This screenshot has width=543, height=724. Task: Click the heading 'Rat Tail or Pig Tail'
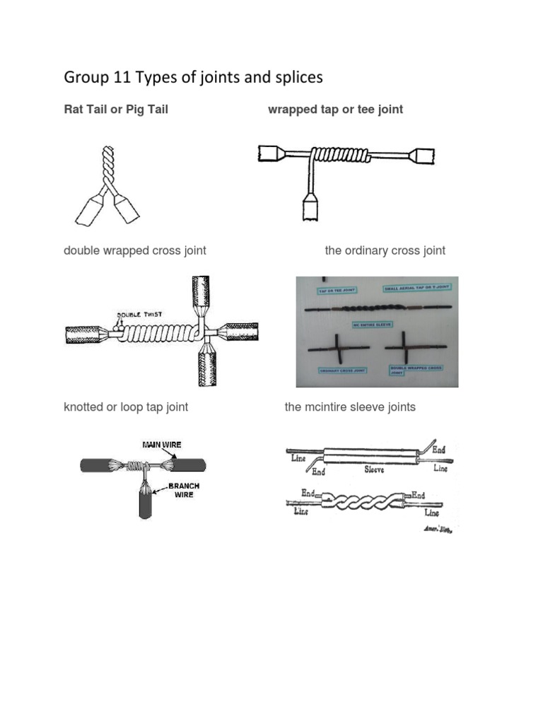coord(116,110)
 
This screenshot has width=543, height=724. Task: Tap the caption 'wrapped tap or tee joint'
coord(335,110)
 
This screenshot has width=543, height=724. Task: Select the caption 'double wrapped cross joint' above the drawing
coord(135,251)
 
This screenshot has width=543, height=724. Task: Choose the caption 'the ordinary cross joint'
coord(385,251)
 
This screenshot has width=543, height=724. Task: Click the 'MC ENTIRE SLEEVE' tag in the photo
coord(373,325)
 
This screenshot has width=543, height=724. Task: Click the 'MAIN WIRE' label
coord(162,445)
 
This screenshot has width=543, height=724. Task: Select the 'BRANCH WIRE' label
coord(183,491)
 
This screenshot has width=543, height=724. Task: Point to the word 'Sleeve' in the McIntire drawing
coord(374,469)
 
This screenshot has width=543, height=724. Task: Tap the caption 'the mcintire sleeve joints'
coord(350,407)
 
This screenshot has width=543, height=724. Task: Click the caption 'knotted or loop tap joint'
coord(126,407)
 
